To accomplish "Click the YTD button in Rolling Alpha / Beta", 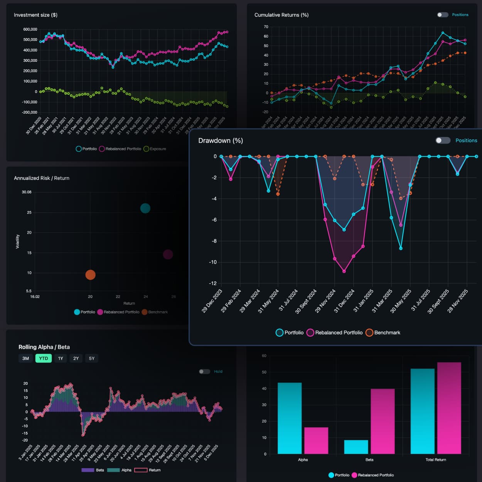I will [44, 358].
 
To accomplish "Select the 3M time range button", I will [25, 358].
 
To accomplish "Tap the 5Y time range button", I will [91, 358].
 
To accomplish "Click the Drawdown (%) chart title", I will [221, 141].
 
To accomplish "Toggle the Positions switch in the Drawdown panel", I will [443, 140].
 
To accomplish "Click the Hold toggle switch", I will [204, 371].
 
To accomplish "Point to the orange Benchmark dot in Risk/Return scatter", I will [90, 275].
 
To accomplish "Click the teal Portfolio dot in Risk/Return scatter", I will [145, 208].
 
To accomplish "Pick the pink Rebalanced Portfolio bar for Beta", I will [383, 421].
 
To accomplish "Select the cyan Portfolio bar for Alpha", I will [290, 418].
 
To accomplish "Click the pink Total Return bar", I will [449, 408].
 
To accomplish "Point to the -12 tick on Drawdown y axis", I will [212, 283].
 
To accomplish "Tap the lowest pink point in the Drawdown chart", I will [344, 271].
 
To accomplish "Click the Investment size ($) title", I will [35, 15].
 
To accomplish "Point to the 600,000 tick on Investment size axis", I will [30, 29].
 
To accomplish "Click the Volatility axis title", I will [17, 241].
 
